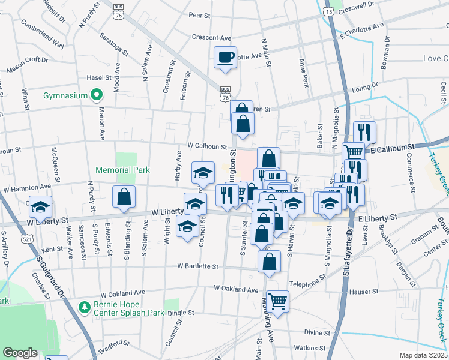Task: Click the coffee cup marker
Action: click(x=226, y=58)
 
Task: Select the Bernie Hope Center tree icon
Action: click(x=85, y=307)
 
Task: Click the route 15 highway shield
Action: click(x=328, y=11)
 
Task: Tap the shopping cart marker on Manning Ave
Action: click(x=277, y=301)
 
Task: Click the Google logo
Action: click(x=20, y=353)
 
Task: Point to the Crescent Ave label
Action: click(x=211, y=37)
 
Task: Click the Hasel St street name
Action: click(x=99, y=77)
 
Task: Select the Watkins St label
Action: click(x=309, y=348)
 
